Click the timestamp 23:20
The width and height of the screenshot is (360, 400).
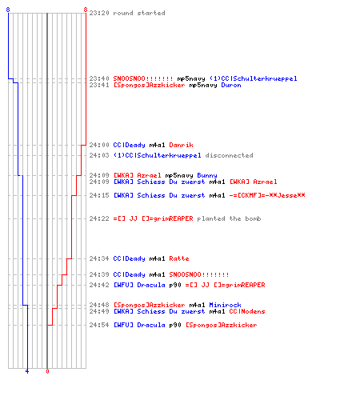(x=99, y=13)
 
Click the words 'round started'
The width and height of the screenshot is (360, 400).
(x=139, y=13)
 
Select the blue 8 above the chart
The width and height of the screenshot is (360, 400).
(x=8, y=10)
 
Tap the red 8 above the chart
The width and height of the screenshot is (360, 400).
(x=86, y=10)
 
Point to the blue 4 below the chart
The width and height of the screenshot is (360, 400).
(x=27, y=371)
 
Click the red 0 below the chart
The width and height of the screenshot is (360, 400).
(x=47, y=371)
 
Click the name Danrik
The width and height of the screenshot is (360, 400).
(x=181, y=145)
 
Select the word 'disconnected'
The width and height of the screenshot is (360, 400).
(x=229, y=155)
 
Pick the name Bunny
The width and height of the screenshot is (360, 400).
(x=207, y=175)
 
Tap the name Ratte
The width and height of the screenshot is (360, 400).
(x=179, y=258)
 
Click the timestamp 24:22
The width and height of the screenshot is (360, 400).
(x=99, y=218)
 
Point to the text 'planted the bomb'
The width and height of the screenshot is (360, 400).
(x=229, y=218)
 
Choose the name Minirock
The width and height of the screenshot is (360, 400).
(x=225, y=305)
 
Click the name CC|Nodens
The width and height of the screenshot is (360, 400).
(x=247, y=311)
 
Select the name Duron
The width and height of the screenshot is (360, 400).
(x=231, y=85)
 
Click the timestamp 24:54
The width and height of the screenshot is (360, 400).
(x=99, y=325)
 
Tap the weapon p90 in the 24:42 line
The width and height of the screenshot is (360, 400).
(x=175, y=285)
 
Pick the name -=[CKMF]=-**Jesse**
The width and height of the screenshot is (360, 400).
(x=267, y=195)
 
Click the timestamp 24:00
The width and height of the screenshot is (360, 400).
(x=99, y=145)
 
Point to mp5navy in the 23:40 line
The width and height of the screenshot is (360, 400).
(x=191, y=78)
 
